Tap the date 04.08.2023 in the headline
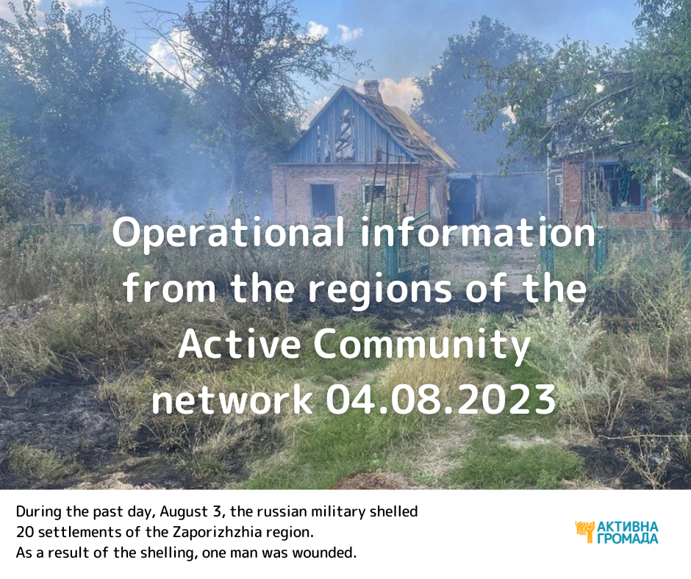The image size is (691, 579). [440, 399]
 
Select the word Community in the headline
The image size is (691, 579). [422, 345]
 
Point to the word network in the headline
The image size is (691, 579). [232, 399]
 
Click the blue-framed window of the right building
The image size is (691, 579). [621, 185]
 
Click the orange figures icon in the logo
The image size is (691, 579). [585, 531]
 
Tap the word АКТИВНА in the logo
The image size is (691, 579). [628, 527]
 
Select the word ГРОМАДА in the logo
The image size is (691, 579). [628, 538]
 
